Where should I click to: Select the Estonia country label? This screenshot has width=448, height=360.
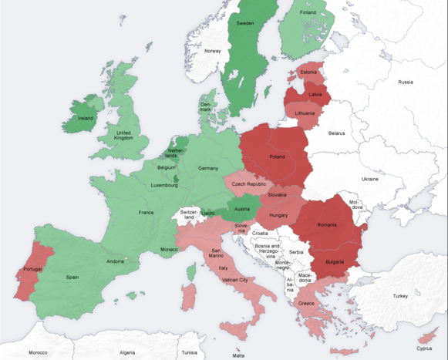click(x=309, y=72)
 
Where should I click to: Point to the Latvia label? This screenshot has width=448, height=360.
click(x=315, y=94)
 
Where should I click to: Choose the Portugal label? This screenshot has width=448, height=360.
click(x=32, y=269)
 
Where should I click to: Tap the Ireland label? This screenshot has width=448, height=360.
click(x=86, y=119)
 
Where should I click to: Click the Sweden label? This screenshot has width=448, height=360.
click(x=245, y=23)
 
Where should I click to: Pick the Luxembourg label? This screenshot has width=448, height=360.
click(x=164, y=186)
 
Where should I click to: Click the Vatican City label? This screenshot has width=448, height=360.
click(x=233, y=280)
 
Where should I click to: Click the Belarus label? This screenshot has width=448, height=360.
click(x=336, y=133)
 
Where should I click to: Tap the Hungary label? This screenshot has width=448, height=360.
click(x=278, y=215)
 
